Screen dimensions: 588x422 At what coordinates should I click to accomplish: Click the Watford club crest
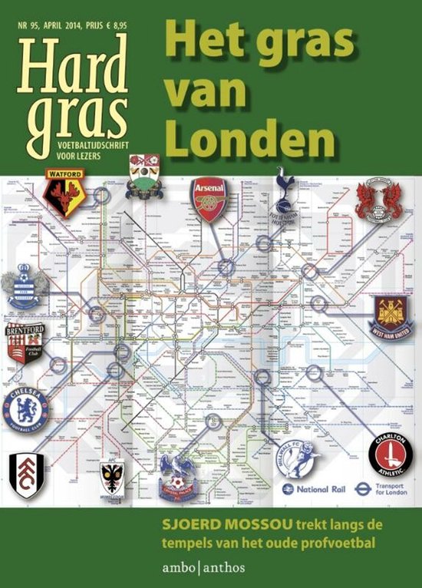tap(64, 191)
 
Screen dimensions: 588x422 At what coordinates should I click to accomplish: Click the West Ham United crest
tap(394, 316)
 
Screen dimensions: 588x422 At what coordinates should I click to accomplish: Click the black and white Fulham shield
tap(26, 474)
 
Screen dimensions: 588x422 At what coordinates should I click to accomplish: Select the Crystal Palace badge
tap(177, 476)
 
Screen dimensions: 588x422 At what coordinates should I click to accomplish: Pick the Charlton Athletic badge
tap(390, 455)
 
